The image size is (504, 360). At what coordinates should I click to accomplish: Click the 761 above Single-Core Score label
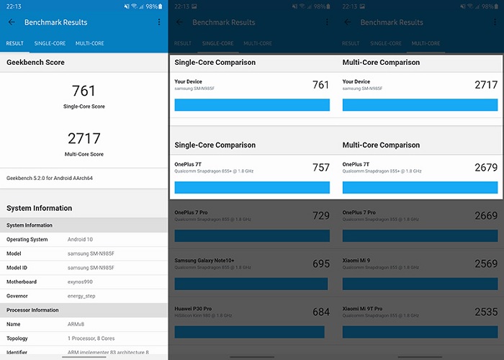tap(84, 91)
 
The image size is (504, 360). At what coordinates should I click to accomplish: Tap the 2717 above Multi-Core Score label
tap(84, 138)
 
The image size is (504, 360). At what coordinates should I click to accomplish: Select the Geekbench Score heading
tap(35, 63)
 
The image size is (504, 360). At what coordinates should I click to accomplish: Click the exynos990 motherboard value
tap(80, 282)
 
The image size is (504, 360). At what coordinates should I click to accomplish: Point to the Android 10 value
tap(81, 239)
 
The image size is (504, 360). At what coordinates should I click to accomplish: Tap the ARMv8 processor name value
tap(76, 324)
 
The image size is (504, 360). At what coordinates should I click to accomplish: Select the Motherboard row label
tap(22, 282)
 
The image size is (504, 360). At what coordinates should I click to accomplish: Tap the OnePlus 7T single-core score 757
tap(321, 168)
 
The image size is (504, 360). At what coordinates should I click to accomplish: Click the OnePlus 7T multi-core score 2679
tap(486, 168)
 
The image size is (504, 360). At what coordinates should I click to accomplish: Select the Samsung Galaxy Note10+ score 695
tap(321, 264)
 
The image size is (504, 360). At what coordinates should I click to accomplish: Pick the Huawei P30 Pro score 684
tap(321, 312)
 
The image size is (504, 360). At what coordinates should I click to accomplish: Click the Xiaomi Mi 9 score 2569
tap(486, 264)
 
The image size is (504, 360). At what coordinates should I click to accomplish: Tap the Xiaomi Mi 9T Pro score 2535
tap(486, 312)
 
